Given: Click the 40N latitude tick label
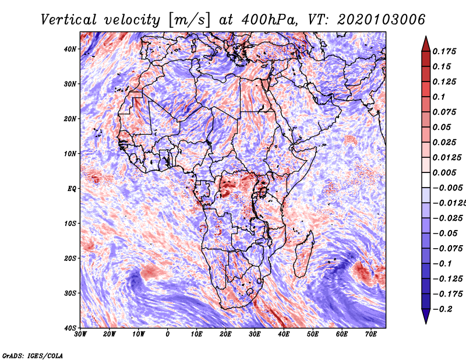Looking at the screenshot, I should coord(70,49).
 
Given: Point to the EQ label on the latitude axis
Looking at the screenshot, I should coord(71,188).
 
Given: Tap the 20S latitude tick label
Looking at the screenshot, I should coord(70,258).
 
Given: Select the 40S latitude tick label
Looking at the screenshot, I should coord(70,327).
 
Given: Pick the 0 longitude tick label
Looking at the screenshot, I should coord(168,334).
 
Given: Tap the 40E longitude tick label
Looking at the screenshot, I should coord(284,334).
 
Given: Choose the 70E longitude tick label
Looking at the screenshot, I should coord(371,334).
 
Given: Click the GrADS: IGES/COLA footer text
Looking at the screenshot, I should coord(33,354).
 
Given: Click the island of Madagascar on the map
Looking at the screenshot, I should coord(303,256).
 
